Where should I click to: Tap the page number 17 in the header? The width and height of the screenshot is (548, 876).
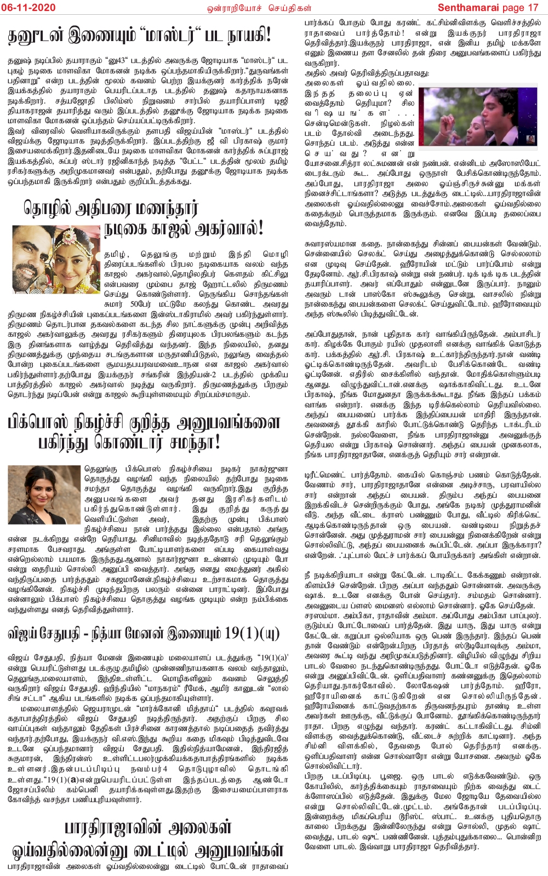click(x=533, y=7)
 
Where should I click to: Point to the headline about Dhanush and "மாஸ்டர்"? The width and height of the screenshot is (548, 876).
click(x=139, y=37)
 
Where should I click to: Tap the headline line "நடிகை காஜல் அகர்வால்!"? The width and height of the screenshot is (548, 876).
click(x=184, y=228)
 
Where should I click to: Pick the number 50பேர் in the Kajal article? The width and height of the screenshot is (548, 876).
click(x=141, y=304)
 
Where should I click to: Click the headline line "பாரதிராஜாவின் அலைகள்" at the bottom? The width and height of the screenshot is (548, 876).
click(x=148, y=827)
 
